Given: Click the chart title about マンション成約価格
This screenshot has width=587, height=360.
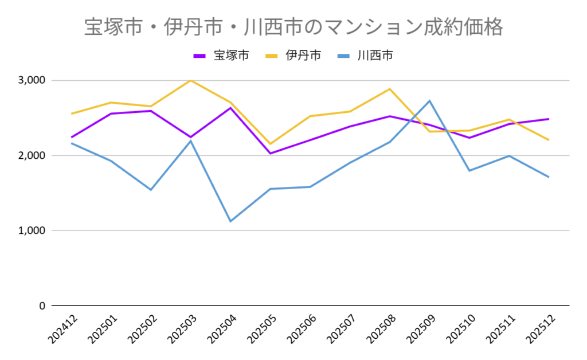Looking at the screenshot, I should point(293,27).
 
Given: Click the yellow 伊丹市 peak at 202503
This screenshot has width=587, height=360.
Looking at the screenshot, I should point(190,80).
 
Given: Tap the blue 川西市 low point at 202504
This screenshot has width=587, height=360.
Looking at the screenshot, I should point(230,221).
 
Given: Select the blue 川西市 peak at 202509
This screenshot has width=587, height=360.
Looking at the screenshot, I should point(429,101).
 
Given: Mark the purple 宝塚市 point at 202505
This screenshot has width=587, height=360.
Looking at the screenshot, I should point(270,154).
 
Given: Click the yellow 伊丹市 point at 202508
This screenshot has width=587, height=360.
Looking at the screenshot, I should point(390,89).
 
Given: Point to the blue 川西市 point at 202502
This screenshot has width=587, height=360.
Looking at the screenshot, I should point(151,190).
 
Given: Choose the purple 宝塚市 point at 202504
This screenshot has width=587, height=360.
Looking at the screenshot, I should point(230,108).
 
